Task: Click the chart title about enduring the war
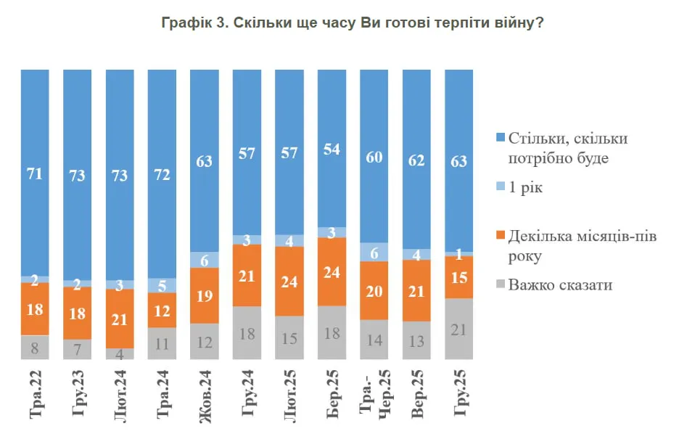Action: click(x=352, y=23)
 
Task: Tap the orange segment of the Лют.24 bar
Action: click(x=120, y=319)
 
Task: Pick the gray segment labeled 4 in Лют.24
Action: click(x=120, y=353)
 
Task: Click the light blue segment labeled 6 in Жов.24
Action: click(x=205, y=260)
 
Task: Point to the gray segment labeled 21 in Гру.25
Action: click(x=458, y=329)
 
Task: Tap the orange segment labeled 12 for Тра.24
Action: click(x=162, y=310)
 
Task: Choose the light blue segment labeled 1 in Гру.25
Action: click(x=458, y=253)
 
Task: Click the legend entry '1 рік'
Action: click(x=525, y=188)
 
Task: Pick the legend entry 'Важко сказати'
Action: click(x=560, y=285)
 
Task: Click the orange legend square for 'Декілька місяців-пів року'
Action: click(x=500, y=237)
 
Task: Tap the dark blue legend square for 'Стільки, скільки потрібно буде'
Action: click(x=500, y=139)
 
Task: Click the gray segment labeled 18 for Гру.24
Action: click(x=247, y=333)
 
